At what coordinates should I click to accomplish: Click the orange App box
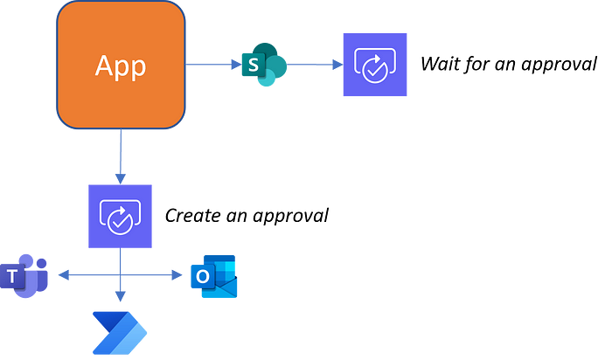121,66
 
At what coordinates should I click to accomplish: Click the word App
121,66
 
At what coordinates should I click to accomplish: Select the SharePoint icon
265,64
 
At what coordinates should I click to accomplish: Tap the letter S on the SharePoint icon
253,65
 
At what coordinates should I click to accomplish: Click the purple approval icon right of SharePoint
375,65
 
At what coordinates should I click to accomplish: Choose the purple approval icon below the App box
120,216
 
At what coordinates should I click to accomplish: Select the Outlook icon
214,276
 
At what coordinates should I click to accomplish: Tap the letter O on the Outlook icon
203,277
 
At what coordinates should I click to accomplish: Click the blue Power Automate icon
120,332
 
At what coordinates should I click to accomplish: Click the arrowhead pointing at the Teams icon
62,276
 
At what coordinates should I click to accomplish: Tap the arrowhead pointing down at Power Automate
120,297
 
